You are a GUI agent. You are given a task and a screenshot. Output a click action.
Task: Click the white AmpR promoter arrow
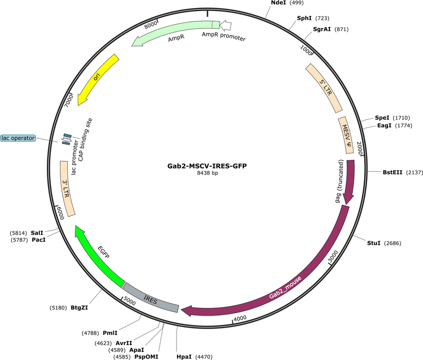pos(225,25)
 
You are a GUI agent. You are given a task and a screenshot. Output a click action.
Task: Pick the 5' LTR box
pos(324,88)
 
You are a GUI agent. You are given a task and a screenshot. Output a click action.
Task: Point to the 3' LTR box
pos(67,189)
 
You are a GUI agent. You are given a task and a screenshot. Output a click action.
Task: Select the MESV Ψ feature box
pos(346,135)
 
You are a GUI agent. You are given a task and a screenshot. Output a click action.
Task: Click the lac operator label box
pos(18,138)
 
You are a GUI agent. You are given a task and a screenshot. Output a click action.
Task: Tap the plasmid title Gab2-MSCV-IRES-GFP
pos(207,166)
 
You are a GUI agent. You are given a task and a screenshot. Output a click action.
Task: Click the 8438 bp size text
pos(207,173)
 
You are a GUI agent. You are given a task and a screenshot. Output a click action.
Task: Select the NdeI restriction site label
pos(278,2)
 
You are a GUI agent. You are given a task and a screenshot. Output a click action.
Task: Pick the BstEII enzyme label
pos(392,172)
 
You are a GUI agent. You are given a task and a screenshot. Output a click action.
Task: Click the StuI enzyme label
pos(374,243)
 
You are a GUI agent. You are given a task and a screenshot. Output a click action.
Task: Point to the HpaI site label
pos(184,357)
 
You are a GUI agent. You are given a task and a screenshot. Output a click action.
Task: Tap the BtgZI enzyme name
pos(79,308)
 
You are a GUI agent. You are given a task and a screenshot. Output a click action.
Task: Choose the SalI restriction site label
pos(37,233)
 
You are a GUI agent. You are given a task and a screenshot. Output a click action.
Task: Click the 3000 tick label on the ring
pos(333,256)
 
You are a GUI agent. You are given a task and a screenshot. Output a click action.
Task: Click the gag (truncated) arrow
pos(350,181)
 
